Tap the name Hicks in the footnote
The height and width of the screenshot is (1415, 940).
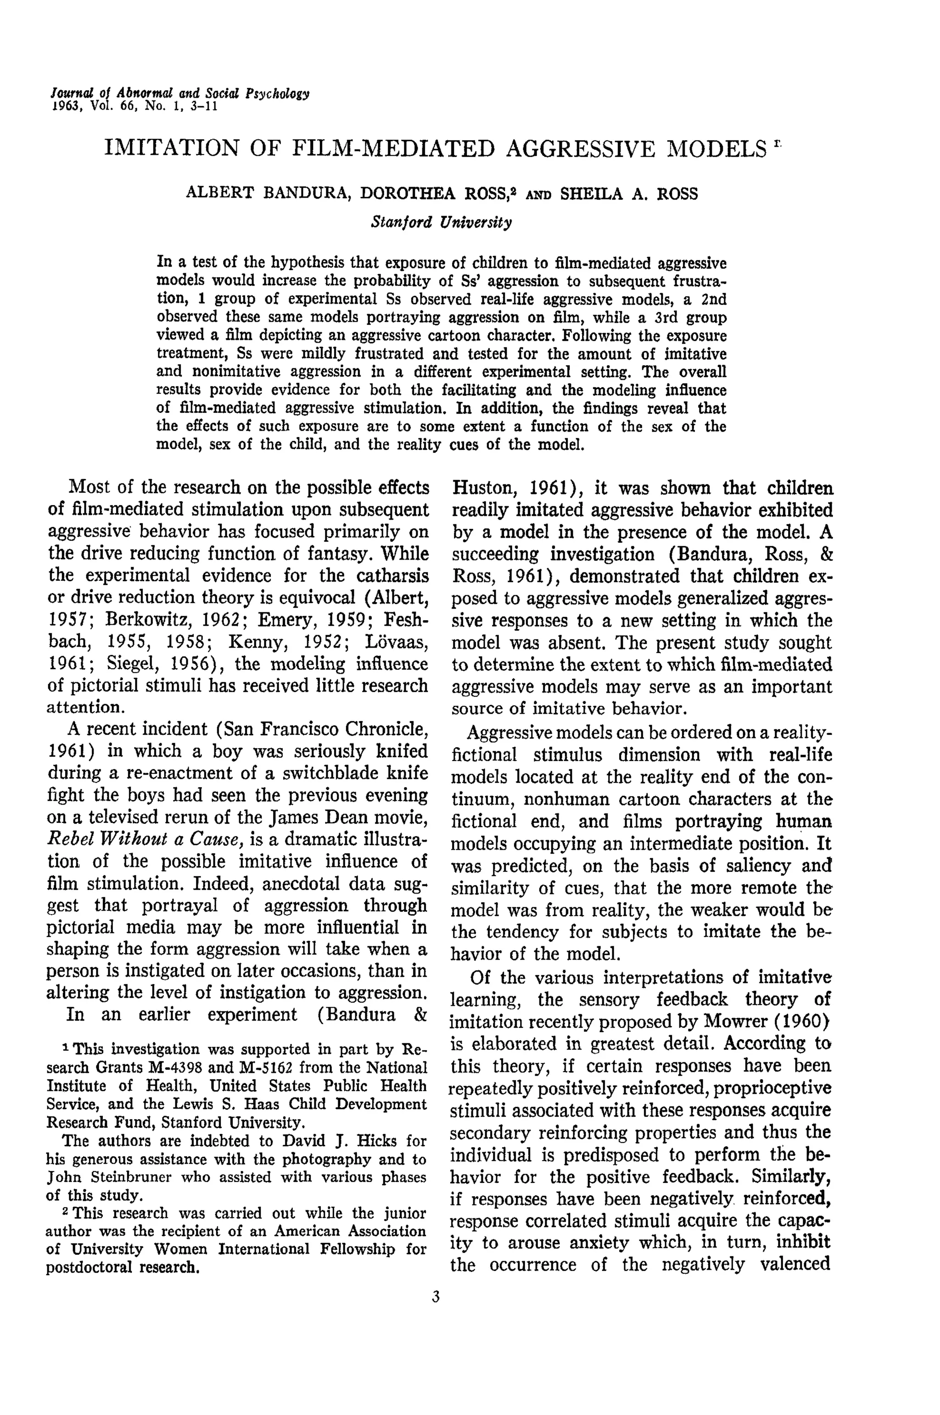[375, 1140]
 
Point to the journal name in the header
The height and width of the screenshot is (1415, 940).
[180, 94]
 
